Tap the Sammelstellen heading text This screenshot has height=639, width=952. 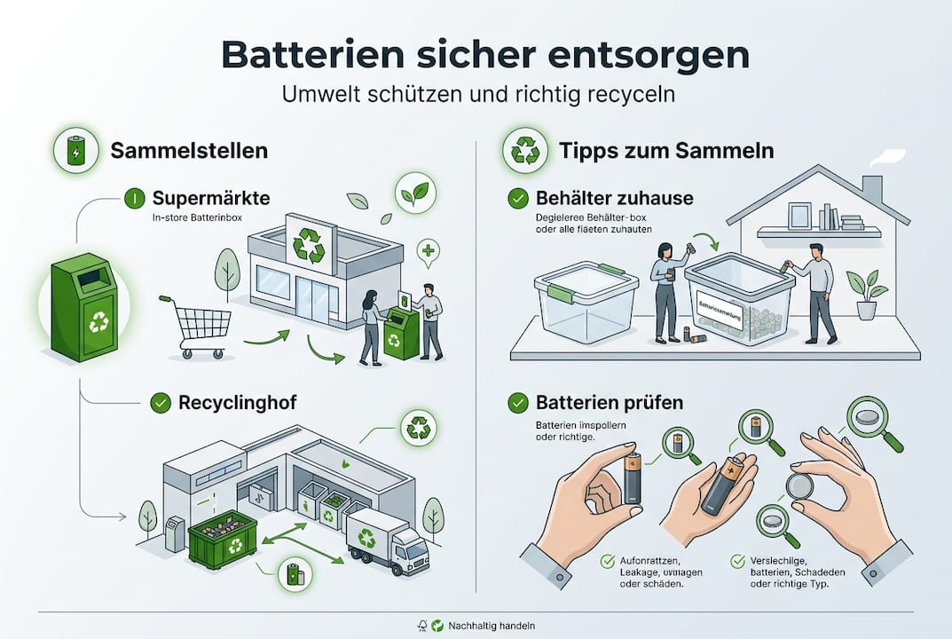pos(189,151)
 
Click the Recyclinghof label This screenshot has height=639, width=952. pos(236,403)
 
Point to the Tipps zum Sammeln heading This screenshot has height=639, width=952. pos(666,151)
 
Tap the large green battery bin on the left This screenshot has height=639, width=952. pos(85,308)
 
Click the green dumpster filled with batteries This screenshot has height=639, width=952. pos(223,538)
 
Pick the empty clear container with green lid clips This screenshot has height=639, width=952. pos(586,298)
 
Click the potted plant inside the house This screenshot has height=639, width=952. pos(865,294)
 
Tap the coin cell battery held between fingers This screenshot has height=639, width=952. pos(805,489)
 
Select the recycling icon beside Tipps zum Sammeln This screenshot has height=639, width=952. pos(525,151)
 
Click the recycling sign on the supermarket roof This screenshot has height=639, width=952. pos(309,244)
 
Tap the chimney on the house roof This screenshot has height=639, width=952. pos(873,189)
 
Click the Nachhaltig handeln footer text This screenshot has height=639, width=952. pos(492,626)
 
